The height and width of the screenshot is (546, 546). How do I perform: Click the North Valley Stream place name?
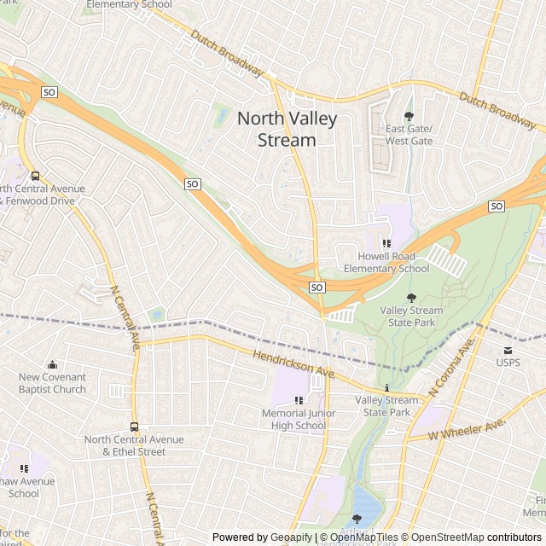[287, 129]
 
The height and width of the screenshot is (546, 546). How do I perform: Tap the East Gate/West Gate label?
[409, 135]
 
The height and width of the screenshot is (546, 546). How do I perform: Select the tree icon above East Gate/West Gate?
[409, 116]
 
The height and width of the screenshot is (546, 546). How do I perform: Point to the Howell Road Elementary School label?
[386, 263]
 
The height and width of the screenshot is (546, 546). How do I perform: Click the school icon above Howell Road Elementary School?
[386, 244]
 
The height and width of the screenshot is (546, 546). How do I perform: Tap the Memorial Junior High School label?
[299, 420]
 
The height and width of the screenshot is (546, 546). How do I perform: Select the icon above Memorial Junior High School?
[299, 401]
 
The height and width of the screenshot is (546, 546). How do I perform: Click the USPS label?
[508, 362]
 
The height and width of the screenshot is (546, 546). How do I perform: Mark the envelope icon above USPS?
[508, 350]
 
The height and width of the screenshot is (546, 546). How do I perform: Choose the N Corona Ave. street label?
[452, 368]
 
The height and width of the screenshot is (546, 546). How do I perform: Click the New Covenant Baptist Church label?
[52, 383]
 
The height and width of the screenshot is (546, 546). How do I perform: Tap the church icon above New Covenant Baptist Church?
[52, 365]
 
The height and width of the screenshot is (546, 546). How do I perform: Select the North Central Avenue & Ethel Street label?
[134, 445]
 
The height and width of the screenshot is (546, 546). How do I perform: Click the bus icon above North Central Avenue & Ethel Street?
[134, 427]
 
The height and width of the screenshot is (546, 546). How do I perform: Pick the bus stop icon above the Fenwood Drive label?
[33, 177]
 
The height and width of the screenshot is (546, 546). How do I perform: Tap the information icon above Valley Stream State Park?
[386, 388]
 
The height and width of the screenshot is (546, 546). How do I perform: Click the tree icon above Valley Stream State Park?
[411, 298]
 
